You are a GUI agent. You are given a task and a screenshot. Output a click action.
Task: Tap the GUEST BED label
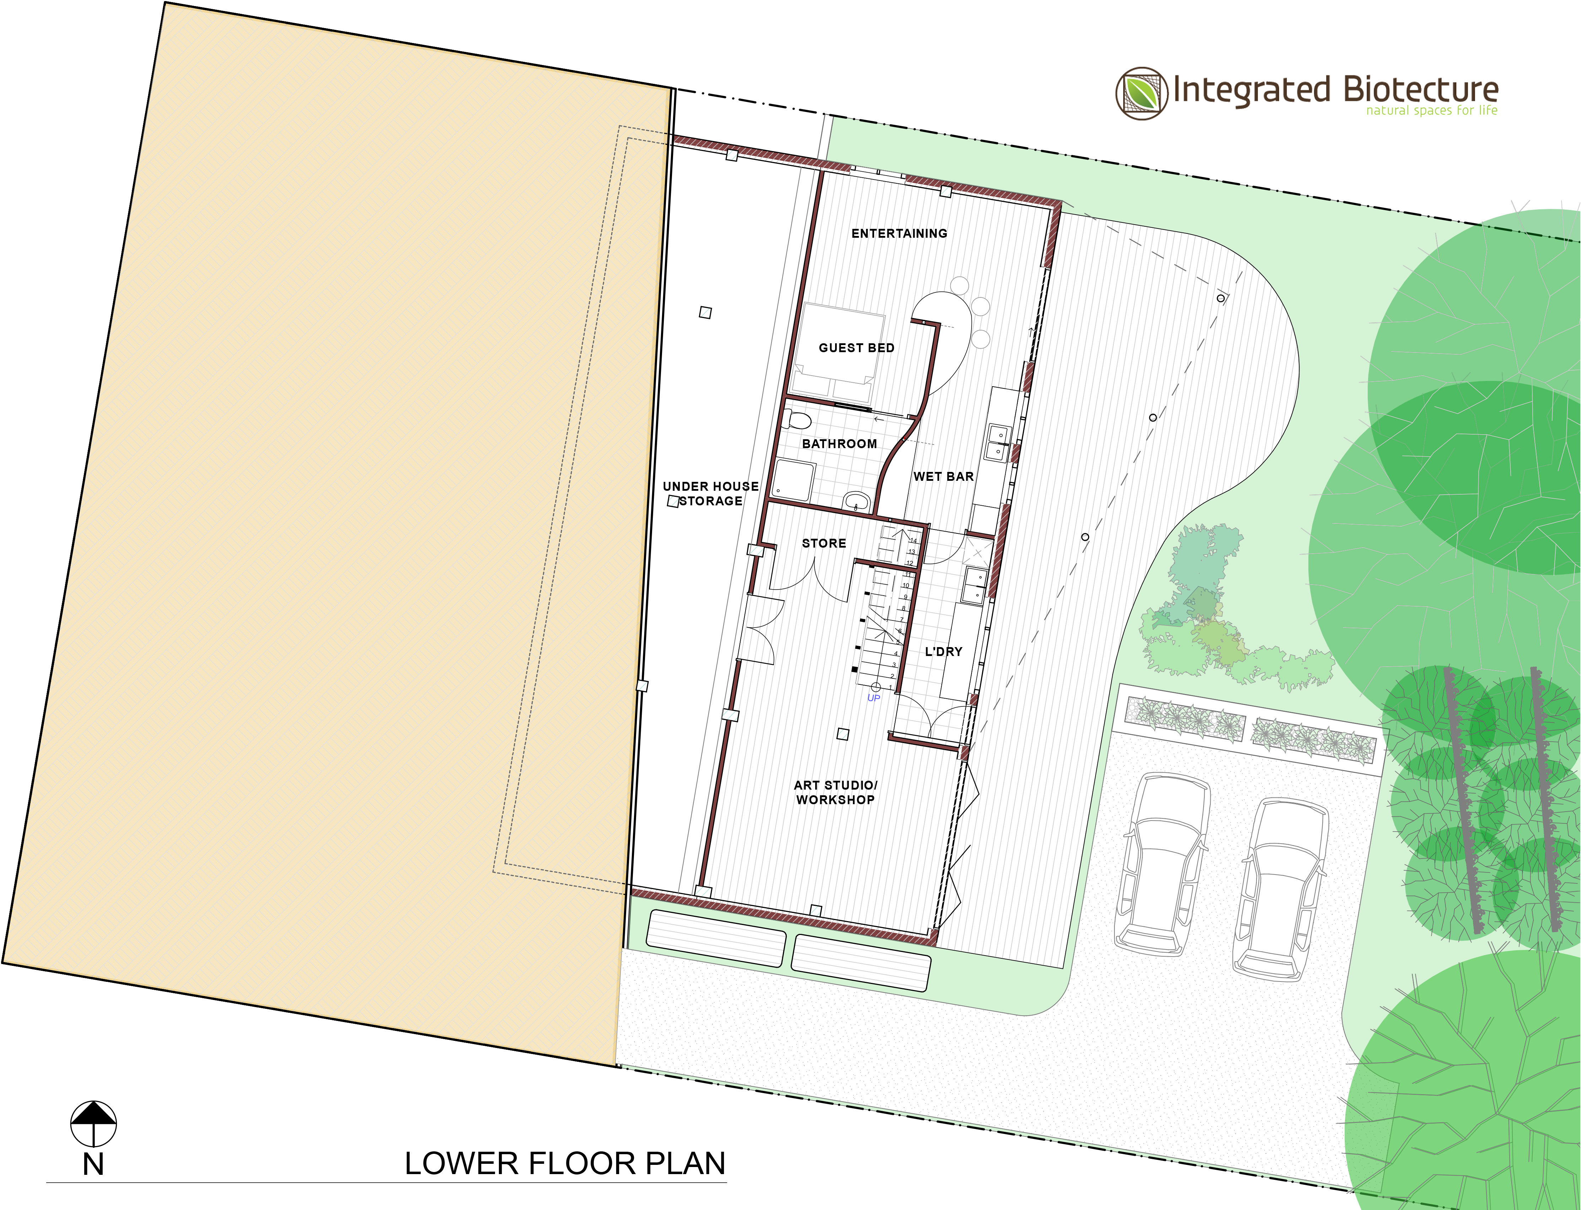pyautogui.click(x=856, y=348)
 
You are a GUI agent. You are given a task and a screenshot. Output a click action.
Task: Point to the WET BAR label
pyautogui.click(x=943, y=477)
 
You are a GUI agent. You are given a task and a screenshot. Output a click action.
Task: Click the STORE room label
pyautogui.click(x=824, y=543)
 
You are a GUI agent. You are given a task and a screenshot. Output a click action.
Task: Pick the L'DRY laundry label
pyautogui.click(x=943, y=652)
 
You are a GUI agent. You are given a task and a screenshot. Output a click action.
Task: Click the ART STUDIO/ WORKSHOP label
pyautogui.click(x=835, y=792)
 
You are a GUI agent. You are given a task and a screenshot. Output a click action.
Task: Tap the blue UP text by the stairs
pyautogui.click(x=874, y=698)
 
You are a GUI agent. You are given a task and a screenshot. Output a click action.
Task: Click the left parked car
pyautogui.click(x=1161, y=864)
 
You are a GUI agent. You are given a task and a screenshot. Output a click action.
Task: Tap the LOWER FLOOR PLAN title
pyautogui.click(x=565, y=1163)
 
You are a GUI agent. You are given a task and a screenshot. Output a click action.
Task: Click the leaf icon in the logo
pyautogui.click(x=1142, y=93)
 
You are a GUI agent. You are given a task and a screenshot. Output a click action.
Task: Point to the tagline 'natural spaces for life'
pyautogui.click(x=1432, y=110)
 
